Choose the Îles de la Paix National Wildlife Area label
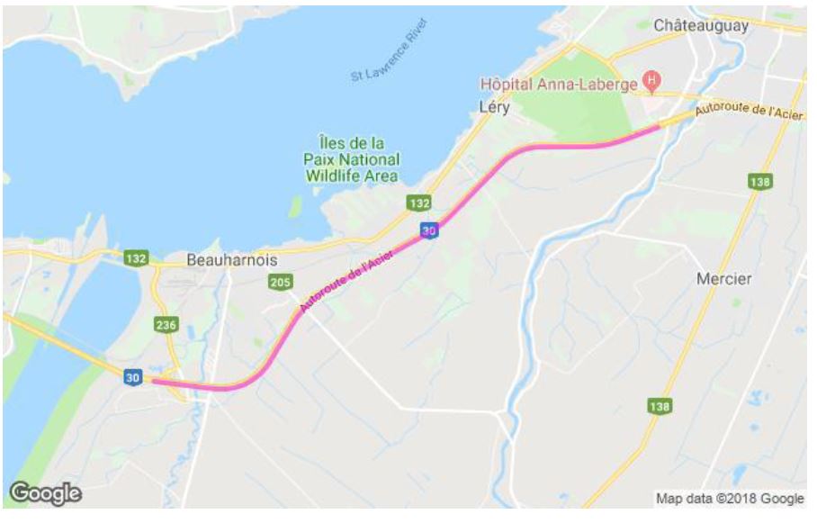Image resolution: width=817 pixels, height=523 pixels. click(351, 159)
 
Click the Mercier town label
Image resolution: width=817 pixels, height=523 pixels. click(723, 279)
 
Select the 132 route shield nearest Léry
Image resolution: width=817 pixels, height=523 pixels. click(418, 203)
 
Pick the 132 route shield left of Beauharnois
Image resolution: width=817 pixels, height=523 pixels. click(137, 258)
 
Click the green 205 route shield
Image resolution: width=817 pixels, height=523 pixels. click(281, 284)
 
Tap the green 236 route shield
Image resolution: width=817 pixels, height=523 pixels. click(166, 325)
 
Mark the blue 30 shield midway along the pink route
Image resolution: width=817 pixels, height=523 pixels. click(432, 230)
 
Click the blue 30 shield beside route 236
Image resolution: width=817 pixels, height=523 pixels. click(133, 378)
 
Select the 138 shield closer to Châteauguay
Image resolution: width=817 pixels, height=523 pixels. click(759, 182)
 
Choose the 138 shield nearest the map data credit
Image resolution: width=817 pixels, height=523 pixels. click(660, 407)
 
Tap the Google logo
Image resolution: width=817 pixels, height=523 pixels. click(45, 492)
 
